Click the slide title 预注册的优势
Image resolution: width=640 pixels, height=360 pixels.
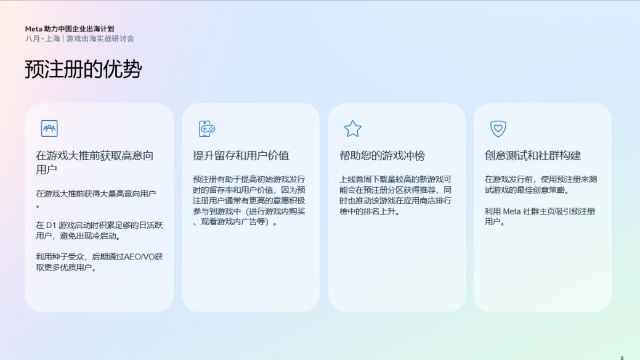pos(83,69)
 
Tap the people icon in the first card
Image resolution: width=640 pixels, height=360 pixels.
pos(49,128)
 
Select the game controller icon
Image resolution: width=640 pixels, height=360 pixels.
pos(206,128)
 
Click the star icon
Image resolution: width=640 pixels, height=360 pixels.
pos(352,128)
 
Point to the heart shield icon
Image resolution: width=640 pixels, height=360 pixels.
pos(498,128)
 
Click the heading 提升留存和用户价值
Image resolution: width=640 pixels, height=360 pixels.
pos(241,155)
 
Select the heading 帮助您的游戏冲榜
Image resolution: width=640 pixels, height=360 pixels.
pos(382,155)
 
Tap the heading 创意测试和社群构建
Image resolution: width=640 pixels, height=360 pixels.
pos(533,155)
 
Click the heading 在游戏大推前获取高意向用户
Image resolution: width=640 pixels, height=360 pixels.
pos(94,162)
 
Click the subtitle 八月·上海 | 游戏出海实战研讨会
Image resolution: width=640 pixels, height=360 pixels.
pos(79,38)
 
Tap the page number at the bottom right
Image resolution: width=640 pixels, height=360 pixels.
pos(622,357)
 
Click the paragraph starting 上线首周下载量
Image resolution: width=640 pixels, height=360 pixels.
pos(395,195)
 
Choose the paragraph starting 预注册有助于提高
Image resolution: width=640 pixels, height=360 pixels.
pos(249,200)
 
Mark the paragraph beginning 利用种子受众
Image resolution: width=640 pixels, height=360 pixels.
pos(99,262)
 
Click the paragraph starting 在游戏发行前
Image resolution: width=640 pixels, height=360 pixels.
pos(540,184)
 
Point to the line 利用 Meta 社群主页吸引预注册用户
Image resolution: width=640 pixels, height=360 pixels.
pos(540,216)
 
